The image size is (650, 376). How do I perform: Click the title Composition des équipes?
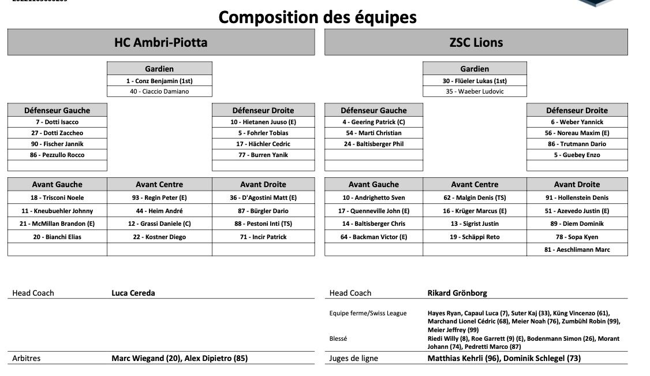pyautogui.click(x=317, y=17)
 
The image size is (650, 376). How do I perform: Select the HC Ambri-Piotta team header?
pyautogui.click(x=160, y=42)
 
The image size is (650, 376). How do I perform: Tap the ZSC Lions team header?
pyautogui.click(x=476, y=42)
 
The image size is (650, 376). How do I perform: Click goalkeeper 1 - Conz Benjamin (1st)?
pyautogui.click(x=159, y=81)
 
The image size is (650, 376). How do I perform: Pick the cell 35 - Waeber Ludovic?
pyautogui.click(x=475, y=91)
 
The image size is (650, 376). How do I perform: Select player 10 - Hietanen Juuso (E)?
pyautogui.click(x=263, y=122)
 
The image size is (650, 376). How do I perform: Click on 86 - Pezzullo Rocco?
pyautogui.click(x=57, y=155)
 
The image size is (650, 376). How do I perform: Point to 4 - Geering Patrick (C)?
pyautogui.click(x=373, y=122)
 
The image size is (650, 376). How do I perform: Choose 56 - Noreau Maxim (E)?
pyautogui.click(x=577, y=133)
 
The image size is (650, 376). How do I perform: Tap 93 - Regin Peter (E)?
pyautogui.click(x=159, y=198)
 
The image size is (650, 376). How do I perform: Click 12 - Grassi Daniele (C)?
pyautogui.click(x=159, y=224)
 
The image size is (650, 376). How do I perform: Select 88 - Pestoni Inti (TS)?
pyautogui.click(x=263, y=224)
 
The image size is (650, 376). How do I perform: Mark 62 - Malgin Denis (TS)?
pyautogui.click(x=475, y=198)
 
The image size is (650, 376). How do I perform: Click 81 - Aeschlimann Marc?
pyautogui.click(x=577, y=250)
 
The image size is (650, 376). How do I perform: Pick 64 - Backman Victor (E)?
pyautogui.click(x=373, y=237)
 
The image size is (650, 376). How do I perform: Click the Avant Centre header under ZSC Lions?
pyautogui.click(x=475, y=184)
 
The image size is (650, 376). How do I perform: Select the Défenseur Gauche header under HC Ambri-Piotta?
pyautogui.click(x=57, y=110)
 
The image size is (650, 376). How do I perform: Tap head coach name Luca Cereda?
pyautogui.click(x=133, y=293)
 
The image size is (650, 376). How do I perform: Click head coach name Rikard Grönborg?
pyautogui.click(x=457, y=293)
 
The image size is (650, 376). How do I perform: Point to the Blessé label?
pyautogui.click(x=338, y=338)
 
